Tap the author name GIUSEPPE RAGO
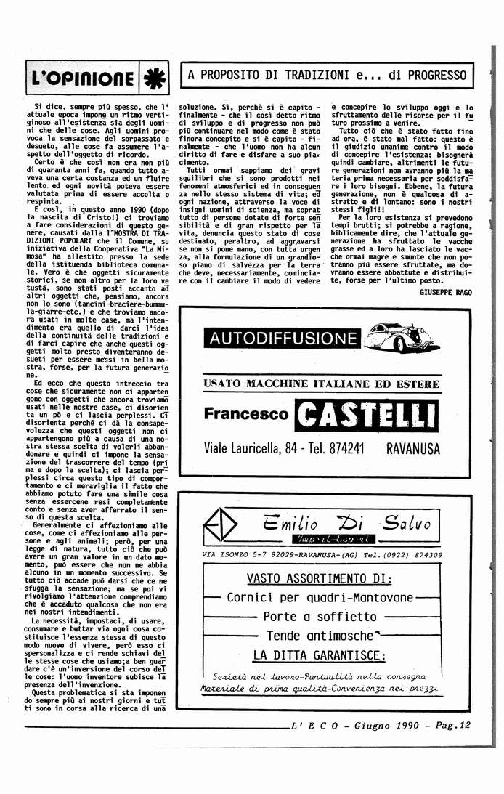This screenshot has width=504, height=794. (446, 291)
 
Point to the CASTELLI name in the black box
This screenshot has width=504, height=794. (368, 414)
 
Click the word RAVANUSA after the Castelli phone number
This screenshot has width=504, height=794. (413, 448)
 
